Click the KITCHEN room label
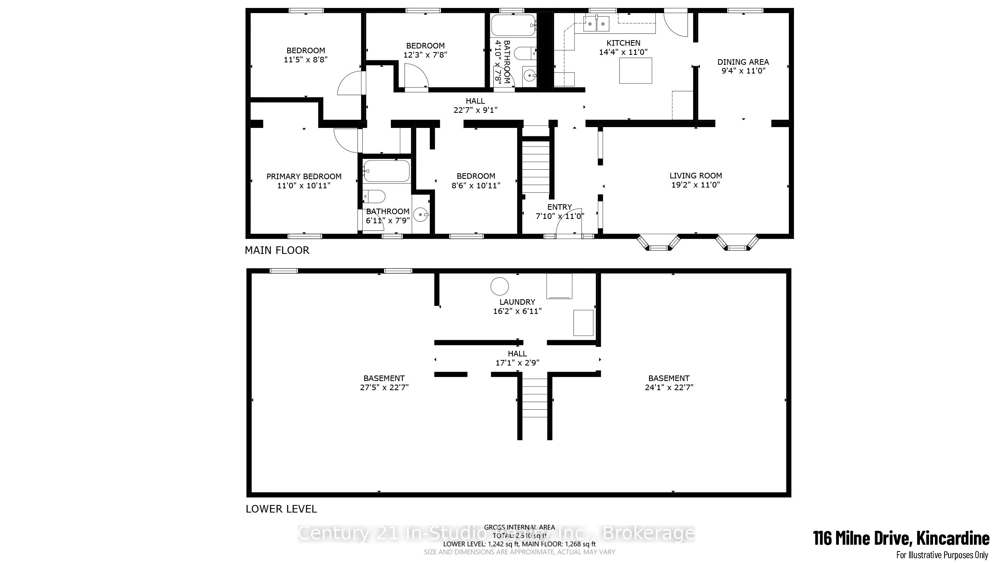click(623, 43)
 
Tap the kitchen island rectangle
click(636, 70)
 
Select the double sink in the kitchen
click(596, 24)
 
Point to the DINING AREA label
click(743, 62)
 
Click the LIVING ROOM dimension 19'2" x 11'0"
click(695, 185)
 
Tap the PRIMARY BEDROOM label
click(304, 176)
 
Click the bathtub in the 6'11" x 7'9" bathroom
click(386, 170)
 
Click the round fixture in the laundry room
click(499, 286)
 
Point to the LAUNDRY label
click(517, 302)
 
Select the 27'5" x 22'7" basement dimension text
click(384, 387)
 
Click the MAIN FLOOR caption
click(277, 250)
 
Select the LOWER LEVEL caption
click(281, 509)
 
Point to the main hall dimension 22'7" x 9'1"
click(475, 110)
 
